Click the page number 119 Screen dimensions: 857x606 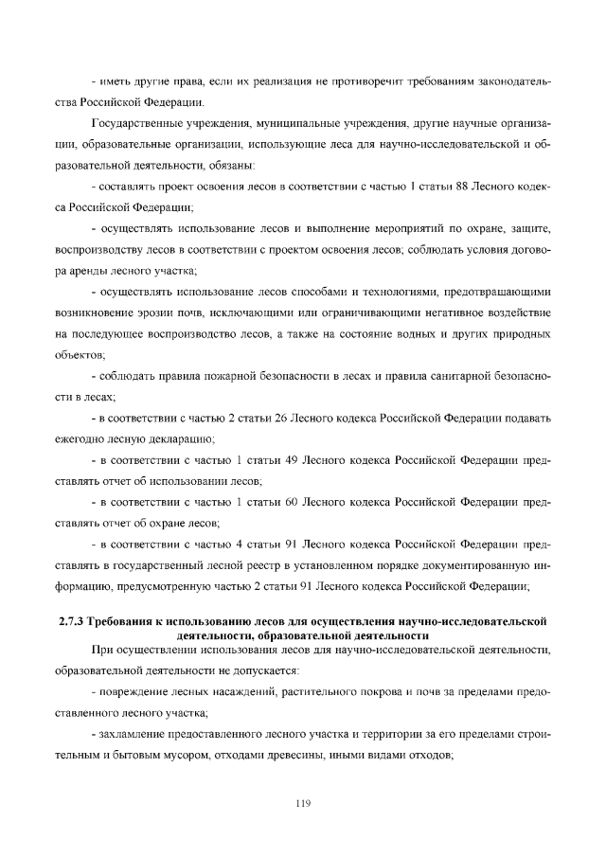pyautogui.click(x=303, y=804)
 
